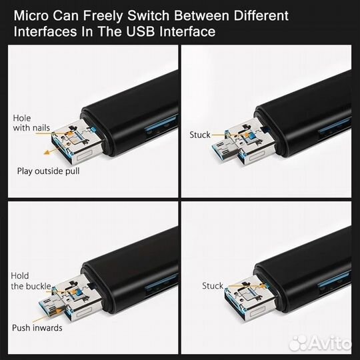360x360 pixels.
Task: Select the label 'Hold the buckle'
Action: (29, 281)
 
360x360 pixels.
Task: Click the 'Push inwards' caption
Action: (39, 328)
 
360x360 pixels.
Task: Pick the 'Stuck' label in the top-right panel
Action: (199, 134)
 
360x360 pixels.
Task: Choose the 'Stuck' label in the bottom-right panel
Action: (213, 286)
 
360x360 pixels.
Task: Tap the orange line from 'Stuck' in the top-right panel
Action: (221, 134)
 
